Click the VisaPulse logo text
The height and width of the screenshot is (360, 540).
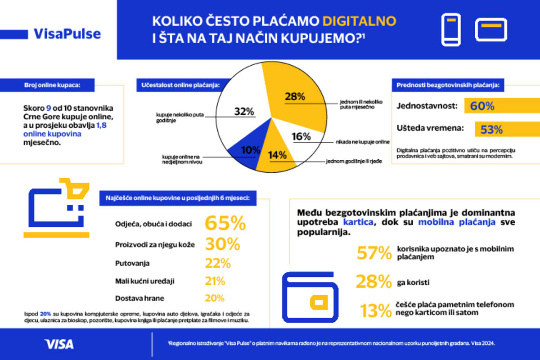coord(67,34)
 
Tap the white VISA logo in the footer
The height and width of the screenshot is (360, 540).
coord(59,344)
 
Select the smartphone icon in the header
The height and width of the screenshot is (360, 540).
coord(451,30)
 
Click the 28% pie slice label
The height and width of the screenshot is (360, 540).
coord(295,96)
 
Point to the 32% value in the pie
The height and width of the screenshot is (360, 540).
coord(244,112)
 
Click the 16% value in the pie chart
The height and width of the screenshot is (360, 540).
coord(301,136)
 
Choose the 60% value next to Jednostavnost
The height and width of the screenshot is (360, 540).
coord(482,106)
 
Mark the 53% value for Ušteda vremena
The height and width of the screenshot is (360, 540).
coord(491,130)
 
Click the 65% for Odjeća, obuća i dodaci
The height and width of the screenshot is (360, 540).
coord(225,223)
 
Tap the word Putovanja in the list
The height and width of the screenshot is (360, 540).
coord(132,263)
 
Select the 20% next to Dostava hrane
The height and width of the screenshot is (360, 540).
coord(215,298)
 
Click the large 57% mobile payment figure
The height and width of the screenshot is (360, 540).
coord(374,253)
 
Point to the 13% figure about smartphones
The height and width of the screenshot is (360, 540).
coord(375,311)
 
